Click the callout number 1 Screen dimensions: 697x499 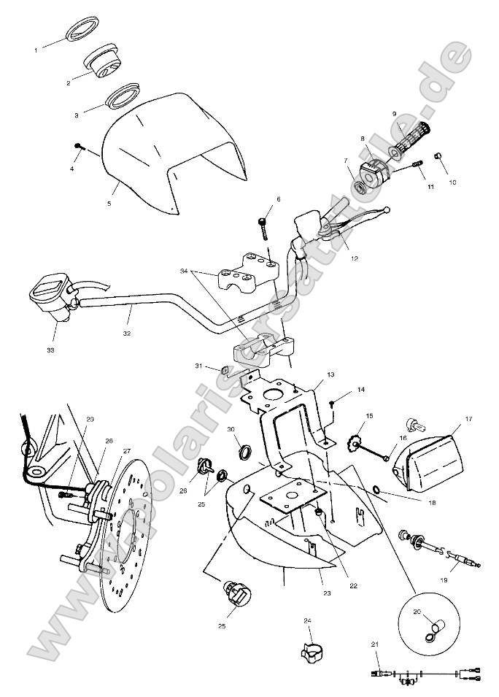pos(36,50)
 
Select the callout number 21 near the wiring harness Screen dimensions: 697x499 pos(375,644)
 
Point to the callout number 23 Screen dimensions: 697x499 pos(327,593)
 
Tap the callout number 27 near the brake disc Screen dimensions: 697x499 pos(127,450)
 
